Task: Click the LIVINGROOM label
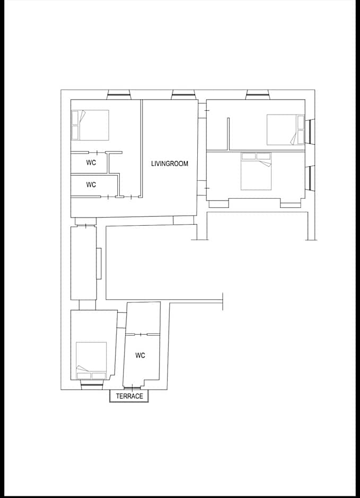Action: click(169, 164)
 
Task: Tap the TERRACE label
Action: click(129, 396)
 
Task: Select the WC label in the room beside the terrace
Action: click(140, 355)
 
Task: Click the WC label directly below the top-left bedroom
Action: click(91, 163)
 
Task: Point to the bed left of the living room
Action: click(90, 125)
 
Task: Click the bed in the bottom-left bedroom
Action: click(91, 361)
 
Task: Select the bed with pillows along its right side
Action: click(286, 130)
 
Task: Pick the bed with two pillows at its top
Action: click(256, 171)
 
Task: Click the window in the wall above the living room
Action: click(183, 95)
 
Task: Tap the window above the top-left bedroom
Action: click(119, 95)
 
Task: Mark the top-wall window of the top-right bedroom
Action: click(258, 95)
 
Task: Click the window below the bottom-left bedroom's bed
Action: click(92, 385)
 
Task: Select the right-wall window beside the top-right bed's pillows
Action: click(310, 131)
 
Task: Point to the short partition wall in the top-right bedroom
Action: click(228, 134)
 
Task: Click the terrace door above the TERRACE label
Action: click(132, 387)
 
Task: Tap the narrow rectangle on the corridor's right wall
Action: click(99, 264)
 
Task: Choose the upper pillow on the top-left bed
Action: click(75, 118)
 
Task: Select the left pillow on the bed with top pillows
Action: click(249, 156)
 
